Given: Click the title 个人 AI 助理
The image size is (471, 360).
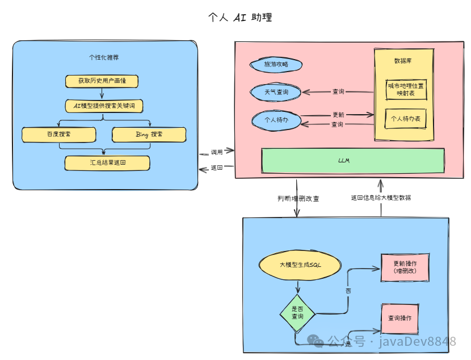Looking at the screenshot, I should tap(240, 18).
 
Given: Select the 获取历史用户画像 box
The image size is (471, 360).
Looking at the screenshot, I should tap(102, 81).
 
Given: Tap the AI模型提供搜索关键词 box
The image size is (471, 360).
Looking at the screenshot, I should tap(103, 106).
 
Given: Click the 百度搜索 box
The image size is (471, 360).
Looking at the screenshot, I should tap(58, 135).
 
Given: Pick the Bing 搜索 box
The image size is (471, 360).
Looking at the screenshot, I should tap(149, 135).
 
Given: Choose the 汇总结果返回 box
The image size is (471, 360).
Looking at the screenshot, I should tap(107, 163).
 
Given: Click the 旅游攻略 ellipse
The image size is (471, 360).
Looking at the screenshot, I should tap(276, 65).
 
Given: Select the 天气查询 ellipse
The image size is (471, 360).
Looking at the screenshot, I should tap(276, 92).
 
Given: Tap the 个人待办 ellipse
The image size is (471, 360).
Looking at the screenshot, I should tap(276, 120).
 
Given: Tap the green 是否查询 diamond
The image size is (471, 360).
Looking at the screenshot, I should tap(297, 312).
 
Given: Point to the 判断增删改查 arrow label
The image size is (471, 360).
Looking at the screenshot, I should tap(298, 199).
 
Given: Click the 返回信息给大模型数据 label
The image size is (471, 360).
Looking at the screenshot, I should tap(381, 198).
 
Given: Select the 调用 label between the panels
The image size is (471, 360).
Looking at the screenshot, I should tap(217, 152).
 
